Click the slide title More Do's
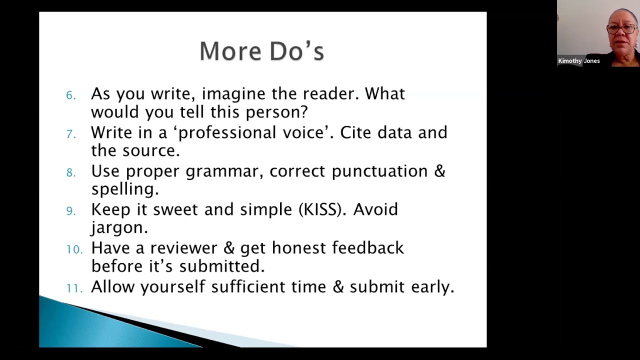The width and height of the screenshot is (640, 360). [x=261, y=51]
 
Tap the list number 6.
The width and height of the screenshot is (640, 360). [x=70, y=95]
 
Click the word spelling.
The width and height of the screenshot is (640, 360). [x=124, y=189]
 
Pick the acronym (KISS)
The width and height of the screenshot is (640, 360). [x=322, y=209]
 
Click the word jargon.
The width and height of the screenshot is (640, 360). [x=119, y=228]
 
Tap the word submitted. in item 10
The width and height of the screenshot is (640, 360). [x=221, y=266]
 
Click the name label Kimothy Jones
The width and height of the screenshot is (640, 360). [x=578, y=61]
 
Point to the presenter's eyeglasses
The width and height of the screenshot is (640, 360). [x=621, y=29]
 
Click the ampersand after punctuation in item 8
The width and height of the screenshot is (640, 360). [x=439, y=171]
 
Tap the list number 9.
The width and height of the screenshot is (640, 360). [x=71, y=211]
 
